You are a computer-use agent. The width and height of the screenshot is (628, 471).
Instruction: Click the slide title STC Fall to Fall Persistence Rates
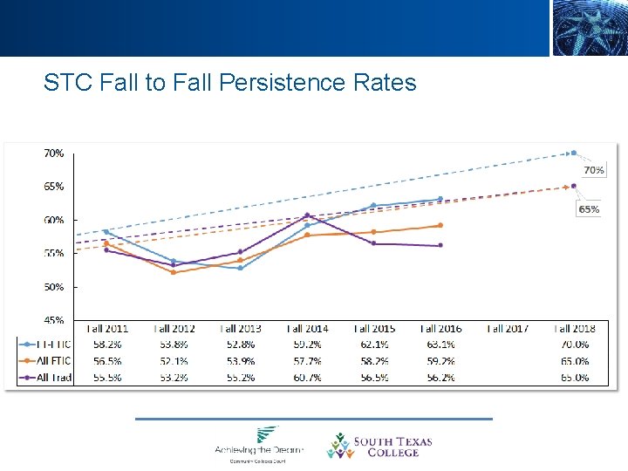(230, 83)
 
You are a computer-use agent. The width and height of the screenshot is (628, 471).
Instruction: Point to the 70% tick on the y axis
(53, 153)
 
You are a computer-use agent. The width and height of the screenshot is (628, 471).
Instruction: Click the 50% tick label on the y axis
(53, 287)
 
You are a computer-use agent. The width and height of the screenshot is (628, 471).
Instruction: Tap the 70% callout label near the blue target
(593, 170)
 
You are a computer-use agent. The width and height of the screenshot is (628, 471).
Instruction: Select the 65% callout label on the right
(589, 209)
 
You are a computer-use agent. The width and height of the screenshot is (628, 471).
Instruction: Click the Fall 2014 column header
(307, 329)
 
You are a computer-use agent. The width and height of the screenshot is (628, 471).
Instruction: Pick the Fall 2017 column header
(508, 329)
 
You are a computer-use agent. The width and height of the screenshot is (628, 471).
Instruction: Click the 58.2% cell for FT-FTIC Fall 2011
(106, 345)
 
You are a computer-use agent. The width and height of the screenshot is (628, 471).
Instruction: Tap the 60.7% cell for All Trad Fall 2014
(307, 378)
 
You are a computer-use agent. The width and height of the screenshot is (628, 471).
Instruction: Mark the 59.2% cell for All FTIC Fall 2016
(440, 361)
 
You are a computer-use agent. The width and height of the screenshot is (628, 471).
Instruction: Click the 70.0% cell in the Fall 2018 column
(574, 345)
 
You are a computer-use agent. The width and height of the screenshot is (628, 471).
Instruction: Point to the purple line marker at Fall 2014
(307, 215)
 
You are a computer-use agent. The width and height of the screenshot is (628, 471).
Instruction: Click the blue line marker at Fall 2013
(240, 268)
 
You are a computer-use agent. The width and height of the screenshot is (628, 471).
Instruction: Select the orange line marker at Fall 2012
(174, 272)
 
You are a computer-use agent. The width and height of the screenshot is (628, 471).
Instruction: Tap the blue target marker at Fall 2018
(573, 153)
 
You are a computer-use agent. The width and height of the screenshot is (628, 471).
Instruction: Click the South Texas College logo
(379, 446)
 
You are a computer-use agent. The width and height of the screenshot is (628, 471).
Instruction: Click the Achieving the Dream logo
(259, 443)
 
